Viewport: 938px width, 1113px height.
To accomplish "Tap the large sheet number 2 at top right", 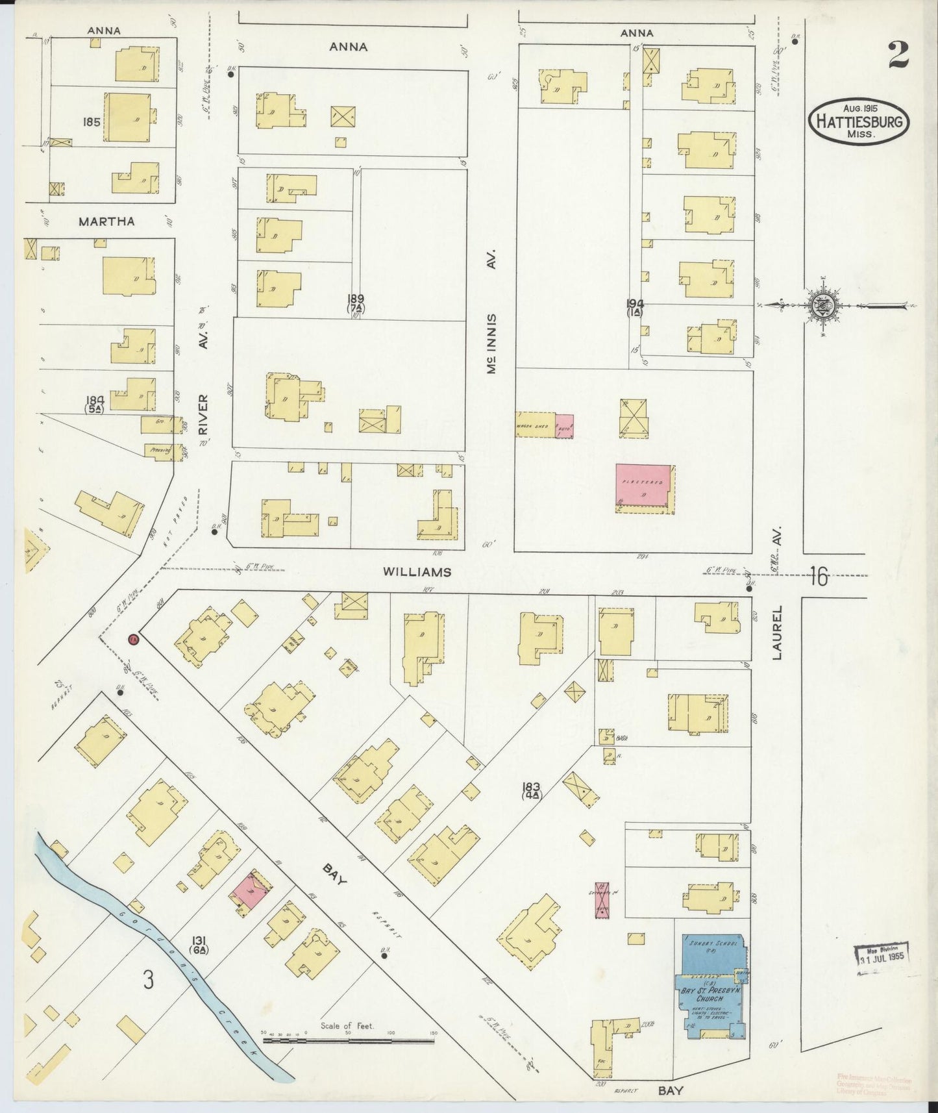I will coord(898,55).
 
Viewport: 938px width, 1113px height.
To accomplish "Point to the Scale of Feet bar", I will coord(348,1040).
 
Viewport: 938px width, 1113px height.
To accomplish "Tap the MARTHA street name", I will coord(106,221).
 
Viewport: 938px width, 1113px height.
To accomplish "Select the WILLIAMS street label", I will coord(417,571).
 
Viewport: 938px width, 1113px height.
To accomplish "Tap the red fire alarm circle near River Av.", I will coord(134,640).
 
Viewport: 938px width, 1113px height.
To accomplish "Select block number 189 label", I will coord(355,299).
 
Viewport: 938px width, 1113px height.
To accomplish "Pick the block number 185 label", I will coord(91,121).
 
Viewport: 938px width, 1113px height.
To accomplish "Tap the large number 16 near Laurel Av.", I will coord(819,576).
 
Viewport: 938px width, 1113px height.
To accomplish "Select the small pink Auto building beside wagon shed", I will coord(563,425).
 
